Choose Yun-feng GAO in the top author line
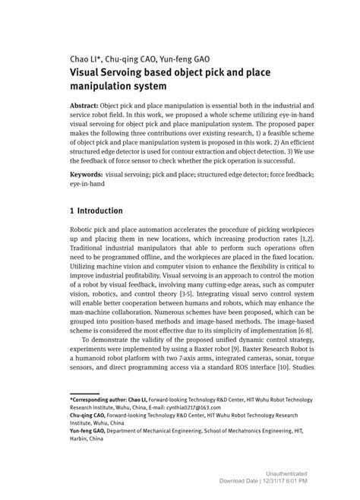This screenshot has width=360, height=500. coord(185,59)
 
